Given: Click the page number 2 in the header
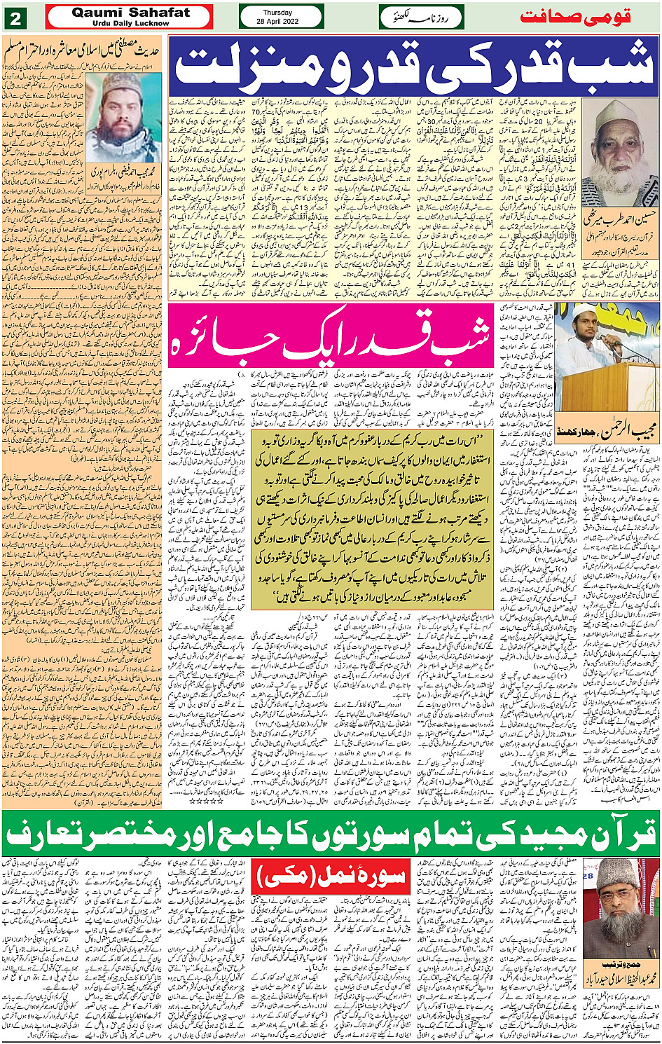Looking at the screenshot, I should click(15, 17).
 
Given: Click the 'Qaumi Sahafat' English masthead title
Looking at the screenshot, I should click(130, 12).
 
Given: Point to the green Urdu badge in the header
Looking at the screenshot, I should click(421, 17).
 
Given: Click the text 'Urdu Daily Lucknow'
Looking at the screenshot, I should click(130, 23).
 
